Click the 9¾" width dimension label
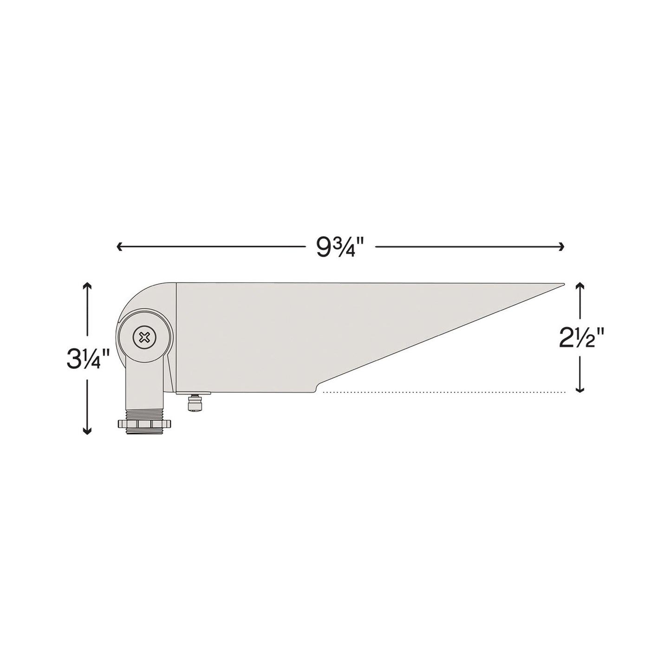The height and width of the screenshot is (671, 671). pyautogui.click(x=339, y=247)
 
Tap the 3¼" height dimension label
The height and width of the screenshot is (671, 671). pyautogui.click(x=88, y=359)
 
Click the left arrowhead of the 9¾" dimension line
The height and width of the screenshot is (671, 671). pyautogui.click(x=119, y=247)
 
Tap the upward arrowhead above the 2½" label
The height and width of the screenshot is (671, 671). pyautogui.click(x=579, y=286)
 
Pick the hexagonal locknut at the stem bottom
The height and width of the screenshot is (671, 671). pyautogui.click(x=144, y=424)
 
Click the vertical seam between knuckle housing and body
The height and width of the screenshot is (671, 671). pyautogui.click(x=176, y=337)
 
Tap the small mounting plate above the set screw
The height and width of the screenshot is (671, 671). pyautogui.click(x=193, y=393)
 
